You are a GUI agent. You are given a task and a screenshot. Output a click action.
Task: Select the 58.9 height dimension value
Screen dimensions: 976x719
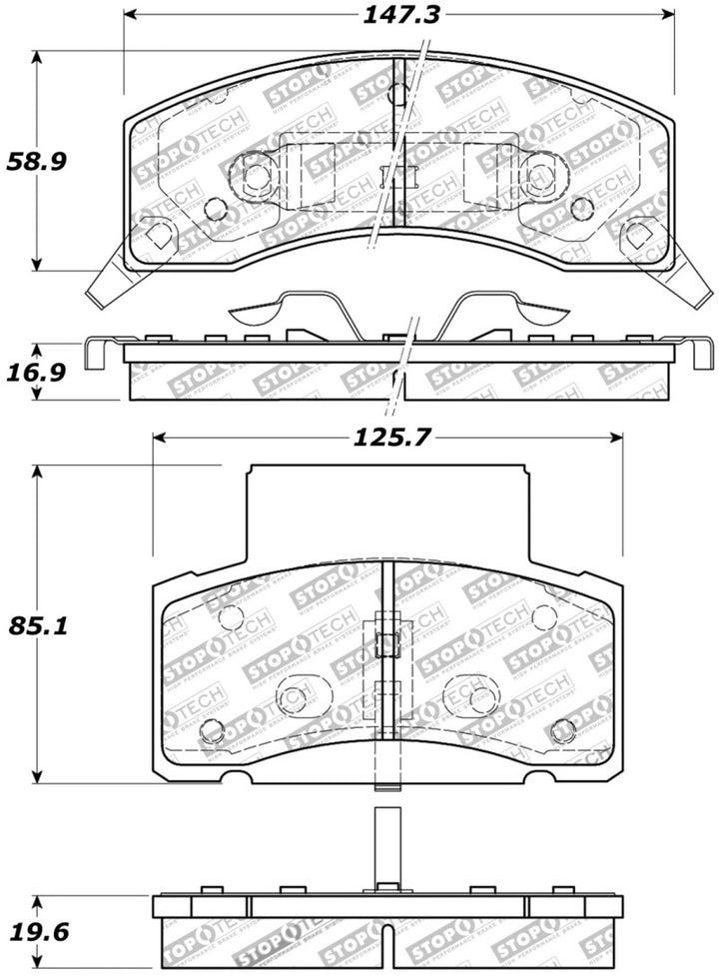click(x=36, y=161)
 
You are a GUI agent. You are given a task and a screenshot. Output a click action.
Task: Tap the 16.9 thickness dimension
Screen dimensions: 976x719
click(x=36, y=373)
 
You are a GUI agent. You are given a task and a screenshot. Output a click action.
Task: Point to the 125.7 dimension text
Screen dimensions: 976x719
click(x=384, y=437)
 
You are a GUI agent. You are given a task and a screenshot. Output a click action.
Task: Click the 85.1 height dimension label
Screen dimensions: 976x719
click(x=36, y=626)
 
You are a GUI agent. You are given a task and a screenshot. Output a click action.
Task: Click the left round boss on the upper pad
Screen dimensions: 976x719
click(x=255, y=177)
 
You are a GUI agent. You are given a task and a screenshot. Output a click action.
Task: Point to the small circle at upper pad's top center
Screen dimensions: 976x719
click(x=397, y=94)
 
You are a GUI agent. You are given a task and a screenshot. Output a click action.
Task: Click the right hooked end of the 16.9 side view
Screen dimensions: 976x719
click(x=703, y=353)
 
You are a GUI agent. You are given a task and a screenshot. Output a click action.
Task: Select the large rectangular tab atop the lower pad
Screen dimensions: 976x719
click(x=386, y=509)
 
